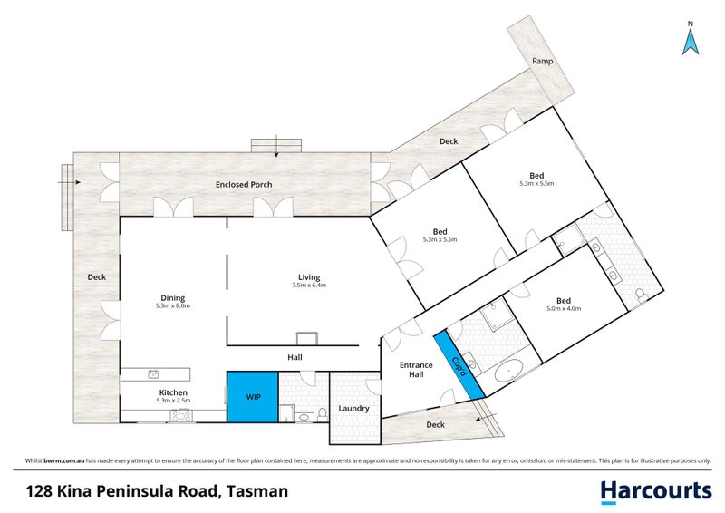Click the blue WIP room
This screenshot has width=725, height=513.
pyautogui.click(x=251, y=397)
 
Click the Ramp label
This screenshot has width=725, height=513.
pyautogui.click(x=542, y=62)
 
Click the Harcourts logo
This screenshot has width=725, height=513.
pyautogui.click(x=656, y=490)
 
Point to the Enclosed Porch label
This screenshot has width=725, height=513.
pyautogui.click(x=243, y=185)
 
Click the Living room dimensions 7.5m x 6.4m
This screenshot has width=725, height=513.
pyautogui.click(x=309, y=286)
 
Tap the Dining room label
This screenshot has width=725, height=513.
pyautogui.click(x=172, y=296)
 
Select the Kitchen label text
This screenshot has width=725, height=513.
pyautogui.click(x=172, y=392)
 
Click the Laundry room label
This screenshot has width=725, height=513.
pyautogui.click(x=353, y=408)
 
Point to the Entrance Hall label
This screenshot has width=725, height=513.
pyautogui.click(x=417, y=370)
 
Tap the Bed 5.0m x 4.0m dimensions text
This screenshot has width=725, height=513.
pyautogui.click(x=563, y=309)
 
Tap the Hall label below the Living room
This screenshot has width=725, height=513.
pyautogui.click(x=295, y=357)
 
